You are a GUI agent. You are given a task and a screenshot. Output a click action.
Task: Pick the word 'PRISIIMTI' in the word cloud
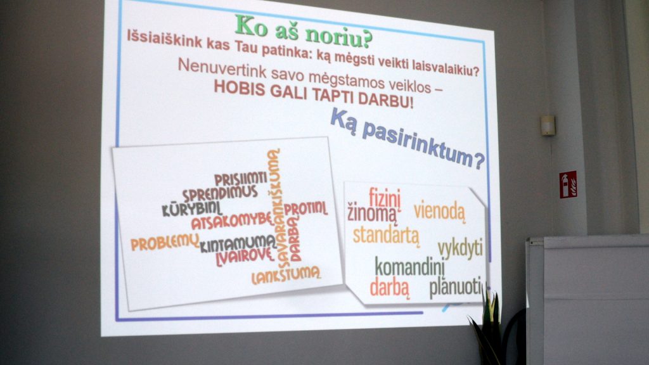240,179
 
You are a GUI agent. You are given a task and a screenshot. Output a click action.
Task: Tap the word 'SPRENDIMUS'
220,194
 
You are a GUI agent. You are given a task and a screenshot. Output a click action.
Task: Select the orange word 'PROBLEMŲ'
165,243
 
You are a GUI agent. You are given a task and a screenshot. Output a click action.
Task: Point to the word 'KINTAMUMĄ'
238,244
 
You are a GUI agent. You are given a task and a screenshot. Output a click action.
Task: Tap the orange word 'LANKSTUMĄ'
286,276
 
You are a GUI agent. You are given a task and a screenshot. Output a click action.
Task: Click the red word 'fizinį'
385,198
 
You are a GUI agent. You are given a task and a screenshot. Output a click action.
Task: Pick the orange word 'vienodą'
439,211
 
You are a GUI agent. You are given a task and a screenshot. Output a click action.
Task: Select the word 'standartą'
386,235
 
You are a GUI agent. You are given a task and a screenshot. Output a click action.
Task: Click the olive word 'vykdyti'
460,249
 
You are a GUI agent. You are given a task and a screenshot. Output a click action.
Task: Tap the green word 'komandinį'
409,267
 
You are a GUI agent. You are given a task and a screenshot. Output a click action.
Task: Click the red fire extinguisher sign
568,184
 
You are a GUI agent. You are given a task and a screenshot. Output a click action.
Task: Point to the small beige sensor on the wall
548,125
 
